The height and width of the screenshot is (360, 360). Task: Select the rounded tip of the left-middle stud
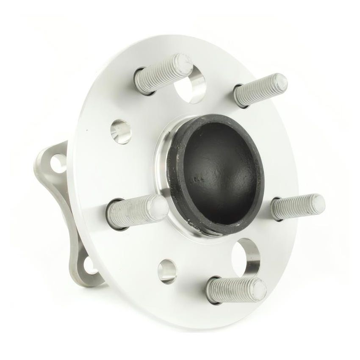pyautogui.click(x=158, y=208)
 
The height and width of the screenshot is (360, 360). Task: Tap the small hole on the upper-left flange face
pyautogui.click(x=121, y=131)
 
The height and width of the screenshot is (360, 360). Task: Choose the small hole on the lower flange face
pyautogui.click(x=167, y=271)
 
